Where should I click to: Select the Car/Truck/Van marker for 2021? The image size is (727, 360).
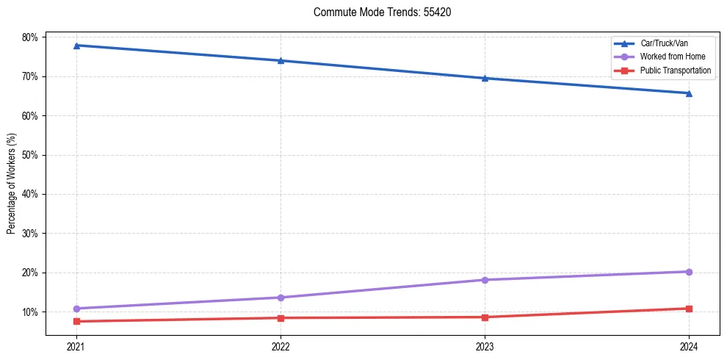tap(76, 46)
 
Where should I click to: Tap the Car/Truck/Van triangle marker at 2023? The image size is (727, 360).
tap(485, 78)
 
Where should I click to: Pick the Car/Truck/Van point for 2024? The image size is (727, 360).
tap(689, 93)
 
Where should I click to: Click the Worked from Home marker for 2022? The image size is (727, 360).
tap(281, 298)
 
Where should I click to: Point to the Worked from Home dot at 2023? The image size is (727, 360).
tap(485, 280)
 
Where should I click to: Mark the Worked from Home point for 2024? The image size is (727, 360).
tap(689, 272)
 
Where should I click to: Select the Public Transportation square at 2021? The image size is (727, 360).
tap(76, 321)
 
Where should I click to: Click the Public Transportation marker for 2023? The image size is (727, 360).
tap(485, 317)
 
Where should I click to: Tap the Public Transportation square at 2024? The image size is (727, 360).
tap(689, 309)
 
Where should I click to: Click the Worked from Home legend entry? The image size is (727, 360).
tap(669, 57)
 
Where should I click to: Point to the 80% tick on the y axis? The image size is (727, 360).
tap(32, 37)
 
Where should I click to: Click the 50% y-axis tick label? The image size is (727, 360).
tap(32, 155)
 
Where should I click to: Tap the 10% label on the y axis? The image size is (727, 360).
tap(32, 312)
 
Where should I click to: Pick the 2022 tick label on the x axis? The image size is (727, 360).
tap(281, 346)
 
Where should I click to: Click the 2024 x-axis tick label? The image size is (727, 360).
tap(689, 346)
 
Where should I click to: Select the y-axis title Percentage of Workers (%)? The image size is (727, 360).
tap(12, 184)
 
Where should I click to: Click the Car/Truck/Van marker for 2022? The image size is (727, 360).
tap(281, 61)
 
